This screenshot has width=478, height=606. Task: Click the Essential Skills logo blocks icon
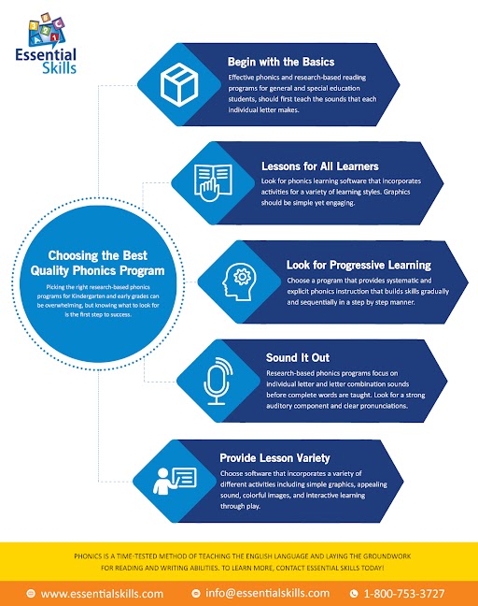[x=47, y=30]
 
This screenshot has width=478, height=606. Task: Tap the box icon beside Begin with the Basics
[x=179, y=84]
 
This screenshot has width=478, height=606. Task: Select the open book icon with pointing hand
[x=213, y=183]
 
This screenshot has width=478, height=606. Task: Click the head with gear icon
[x=237, y=281]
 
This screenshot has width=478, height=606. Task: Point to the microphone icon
[x=218, y=381]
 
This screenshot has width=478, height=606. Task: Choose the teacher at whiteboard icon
[x=175, y=481]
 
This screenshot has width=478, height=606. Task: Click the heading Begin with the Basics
[x=281, y=62]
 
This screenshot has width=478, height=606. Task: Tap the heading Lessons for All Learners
[x=320, y=166]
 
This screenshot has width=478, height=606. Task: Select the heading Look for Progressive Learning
[x=358, y=266]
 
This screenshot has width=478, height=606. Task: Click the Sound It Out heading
[x=298, y=358]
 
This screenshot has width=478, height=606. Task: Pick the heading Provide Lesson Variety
[x=274, y=458]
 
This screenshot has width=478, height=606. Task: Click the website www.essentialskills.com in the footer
[x=102, y=594]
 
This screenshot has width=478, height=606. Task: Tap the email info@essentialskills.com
[x=267, y=593]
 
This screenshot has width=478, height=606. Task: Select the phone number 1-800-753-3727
[x=404, y=594]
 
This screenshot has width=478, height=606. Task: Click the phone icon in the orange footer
[x=354, y=594]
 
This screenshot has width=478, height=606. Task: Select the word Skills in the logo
[x=59, y=67]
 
